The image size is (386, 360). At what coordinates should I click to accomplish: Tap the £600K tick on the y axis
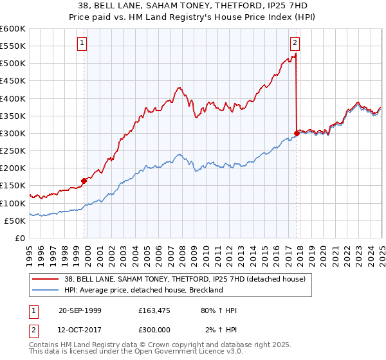click(x=12, y=29)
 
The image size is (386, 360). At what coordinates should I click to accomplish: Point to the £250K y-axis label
click(x=12, y=150)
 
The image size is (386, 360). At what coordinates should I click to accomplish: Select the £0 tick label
click(x=19, y=238)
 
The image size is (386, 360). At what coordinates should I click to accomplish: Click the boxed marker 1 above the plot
click(x=83, y=44)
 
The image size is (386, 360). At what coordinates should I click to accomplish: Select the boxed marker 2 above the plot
click(x=295, y=44)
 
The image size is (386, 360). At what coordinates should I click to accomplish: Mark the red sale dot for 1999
click(x=84, y=181)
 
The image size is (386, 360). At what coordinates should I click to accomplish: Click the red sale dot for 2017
click(x=297, y=133)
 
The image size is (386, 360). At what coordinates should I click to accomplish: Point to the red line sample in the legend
click(x=46, y=278)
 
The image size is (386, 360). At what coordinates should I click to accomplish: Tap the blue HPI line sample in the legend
click(x=46, y=290)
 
